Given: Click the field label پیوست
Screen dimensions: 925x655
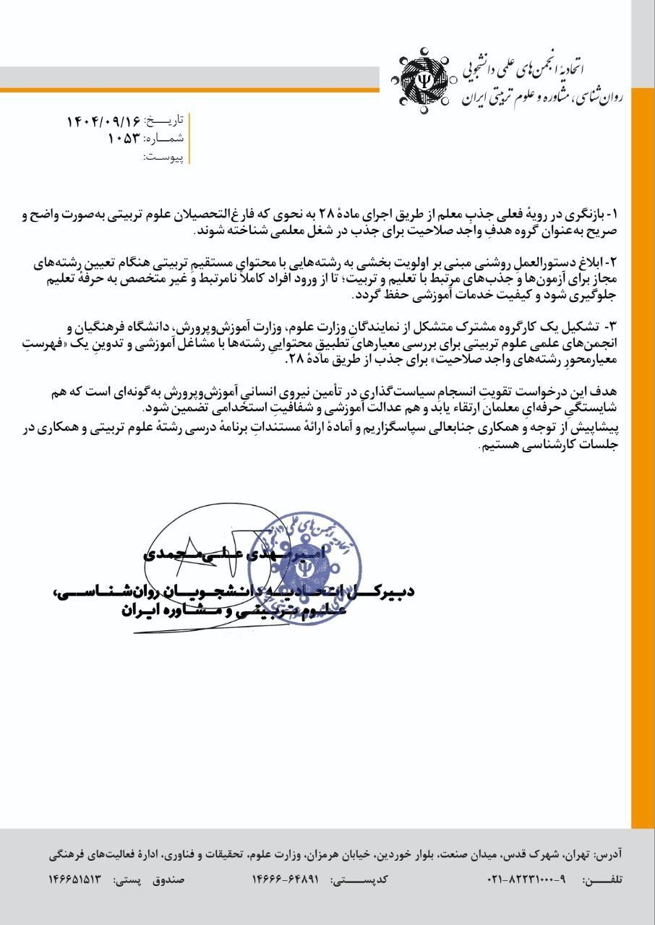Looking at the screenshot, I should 163,156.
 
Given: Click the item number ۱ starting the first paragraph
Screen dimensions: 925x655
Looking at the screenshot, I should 615,215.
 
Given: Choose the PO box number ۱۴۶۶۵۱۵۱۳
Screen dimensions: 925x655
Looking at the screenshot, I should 75,879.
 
